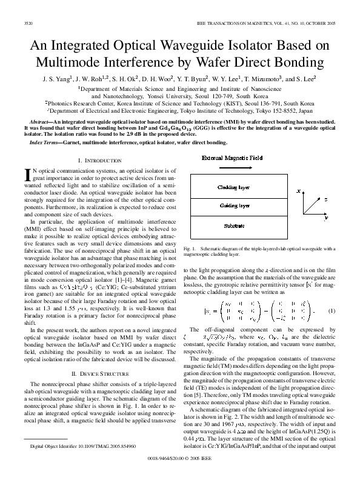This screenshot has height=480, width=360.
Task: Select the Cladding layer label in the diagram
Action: click(234, 187)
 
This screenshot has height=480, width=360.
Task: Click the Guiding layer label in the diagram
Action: click(234, 206)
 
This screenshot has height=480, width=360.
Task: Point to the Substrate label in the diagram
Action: click(234, 225)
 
